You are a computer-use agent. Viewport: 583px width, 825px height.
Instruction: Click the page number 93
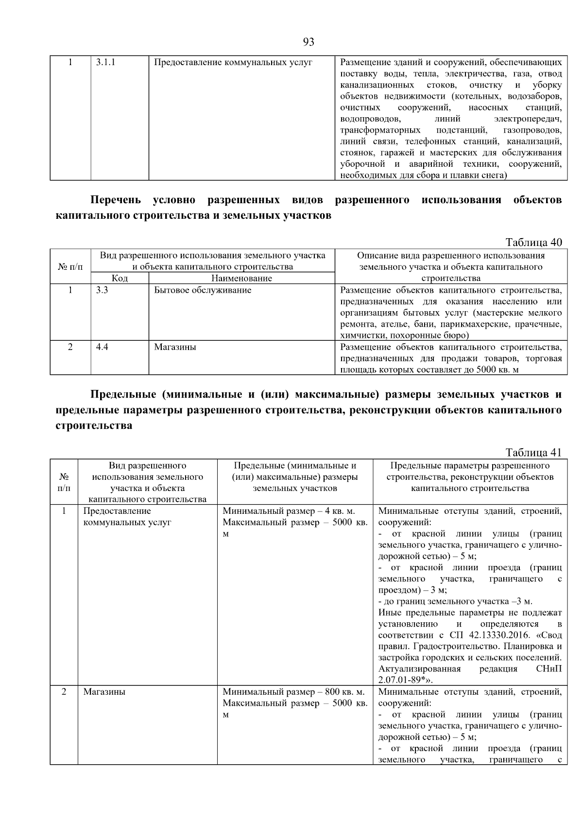pos(309,42)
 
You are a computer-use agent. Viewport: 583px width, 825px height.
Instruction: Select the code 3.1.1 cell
pos(105,62)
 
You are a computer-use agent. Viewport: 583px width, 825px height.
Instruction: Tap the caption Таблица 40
pos(533,242)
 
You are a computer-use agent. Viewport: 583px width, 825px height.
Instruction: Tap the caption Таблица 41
pos(533,453)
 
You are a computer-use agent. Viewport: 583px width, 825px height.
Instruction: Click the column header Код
pos(120,278)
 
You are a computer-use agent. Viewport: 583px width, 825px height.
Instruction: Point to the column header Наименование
pos(241,278)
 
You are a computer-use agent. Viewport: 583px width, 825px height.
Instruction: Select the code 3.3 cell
pos(102,290)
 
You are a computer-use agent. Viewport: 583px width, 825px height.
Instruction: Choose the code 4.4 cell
pos(102,347)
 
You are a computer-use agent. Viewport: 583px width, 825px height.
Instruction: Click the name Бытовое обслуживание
pos(203,290)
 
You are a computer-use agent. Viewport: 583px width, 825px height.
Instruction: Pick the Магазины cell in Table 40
pos(175,347)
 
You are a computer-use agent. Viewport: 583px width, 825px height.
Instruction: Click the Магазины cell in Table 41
pos(104,691)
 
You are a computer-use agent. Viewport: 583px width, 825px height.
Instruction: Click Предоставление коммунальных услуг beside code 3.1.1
pos(233,62)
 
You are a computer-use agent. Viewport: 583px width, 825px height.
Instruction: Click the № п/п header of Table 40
pos(70,267)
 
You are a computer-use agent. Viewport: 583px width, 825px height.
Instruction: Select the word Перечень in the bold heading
pos(116,200)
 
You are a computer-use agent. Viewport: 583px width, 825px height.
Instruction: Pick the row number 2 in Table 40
pos(70,347)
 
